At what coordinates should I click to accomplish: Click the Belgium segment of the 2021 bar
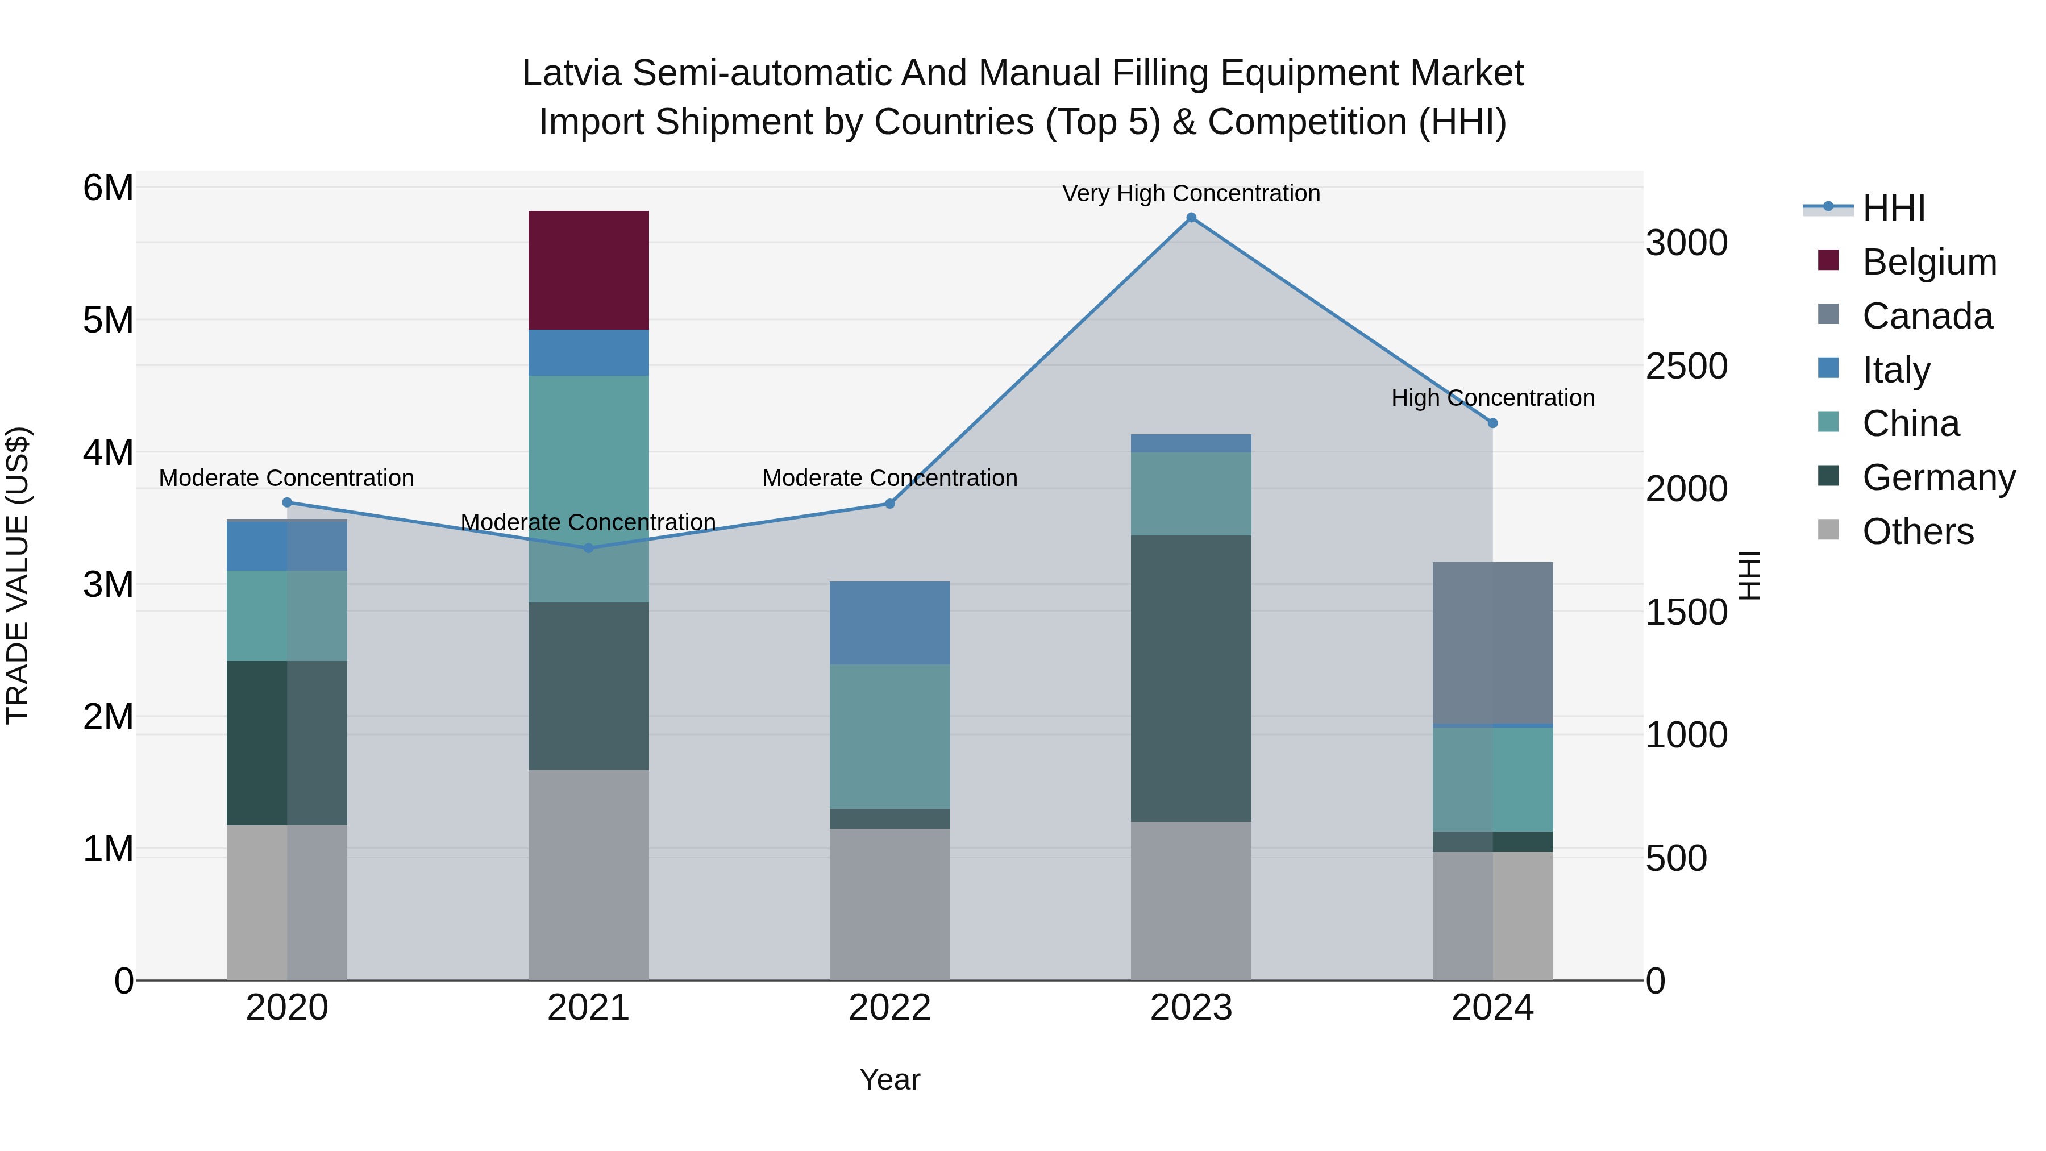coord(589,270)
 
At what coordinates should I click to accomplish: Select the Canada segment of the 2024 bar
coord(1492,643)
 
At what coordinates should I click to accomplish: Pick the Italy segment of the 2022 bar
coord(889,623)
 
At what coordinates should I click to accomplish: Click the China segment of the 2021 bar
coord(589,488)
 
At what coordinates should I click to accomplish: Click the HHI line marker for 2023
coord(1191,218)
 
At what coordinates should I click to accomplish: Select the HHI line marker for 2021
coord(589,547)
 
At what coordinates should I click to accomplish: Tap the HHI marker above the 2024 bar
coord(1492,423)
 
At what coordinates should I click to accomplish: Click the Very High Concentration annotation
coord(1191,193)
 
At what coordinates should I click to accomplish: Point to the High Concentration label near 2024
coord(1492,397)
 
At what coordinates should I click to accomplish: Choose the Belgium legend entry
coord(1928,262)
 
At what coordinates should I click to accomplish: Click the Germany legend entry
coord(1938,477)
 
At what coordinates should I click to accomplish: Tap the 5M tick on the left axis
coord(108,320)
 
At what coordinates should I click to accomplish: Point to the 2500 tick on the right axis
coord(1686,366)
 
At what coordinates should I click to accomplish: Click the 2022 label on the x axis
coord(889,1007)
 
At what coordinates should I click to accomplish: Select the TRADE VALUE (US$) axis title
coord(18,575)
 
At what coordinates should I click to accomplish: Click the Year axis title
coord(889,1079)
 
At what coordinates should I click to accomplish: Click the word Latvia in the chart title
coord(571,73)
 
